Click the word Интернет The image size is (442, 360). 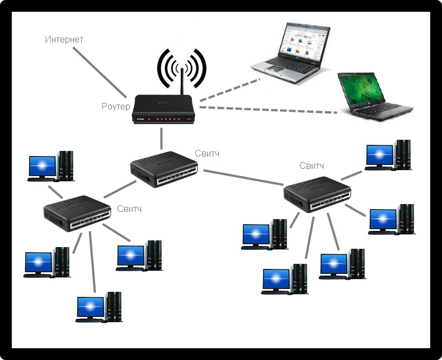[64, 40]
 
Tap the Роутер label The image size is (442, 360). [116, 106]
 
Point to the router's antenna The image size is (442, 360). [181, 84]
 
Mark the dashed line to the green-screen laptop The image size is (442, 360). [269, 108]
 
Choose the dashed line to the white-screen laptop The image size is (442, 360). [229, 91]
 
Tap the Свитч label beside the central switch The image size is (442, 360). [208, 153]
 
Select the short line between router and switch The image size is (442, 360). [162, 138]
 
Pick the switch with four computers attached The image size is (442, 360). [75, 213]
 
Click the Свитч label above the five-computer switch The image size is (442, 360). [312, 165]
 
